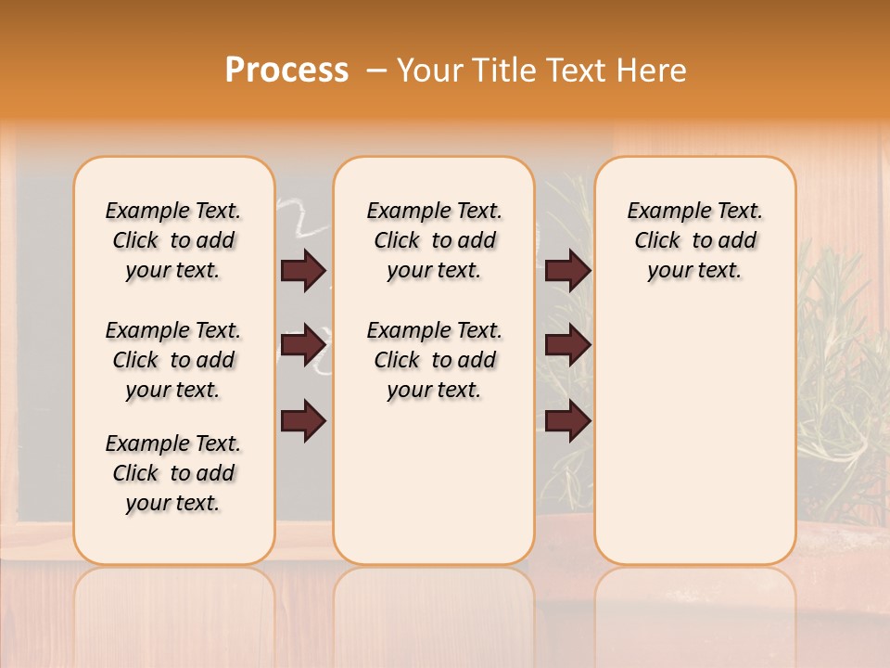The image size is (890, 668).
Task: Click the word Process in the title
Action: click(x=286, y=71)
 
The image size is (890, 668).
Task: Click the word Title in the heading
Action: click(x=503, y=71)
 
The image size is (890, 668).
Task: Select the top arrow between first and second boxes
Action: click(x=303, y=271)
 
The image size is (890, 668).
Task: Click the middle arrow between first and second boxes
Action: click(x=303, y=345)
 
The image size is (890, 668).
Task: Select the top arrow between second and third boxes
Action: click(x=567, y=271)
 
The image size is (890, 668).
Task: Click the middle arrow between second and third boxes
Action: click(x=567, y=345)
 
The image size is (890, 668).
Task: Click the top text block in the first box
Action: click(x=173, y=240)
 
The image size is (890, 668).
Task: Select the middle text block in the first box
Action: click(x=173, y=360)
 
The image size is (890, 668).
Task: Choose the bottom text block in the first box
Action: click(x=173, y=473)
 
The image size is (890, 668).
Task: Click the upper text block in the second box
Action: click(x=434, y=240)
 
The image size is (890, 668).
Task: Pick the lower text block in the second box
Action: click(x=434, y=360)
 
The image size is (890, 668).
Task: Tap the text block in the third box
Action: click(x=694, y=240)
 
